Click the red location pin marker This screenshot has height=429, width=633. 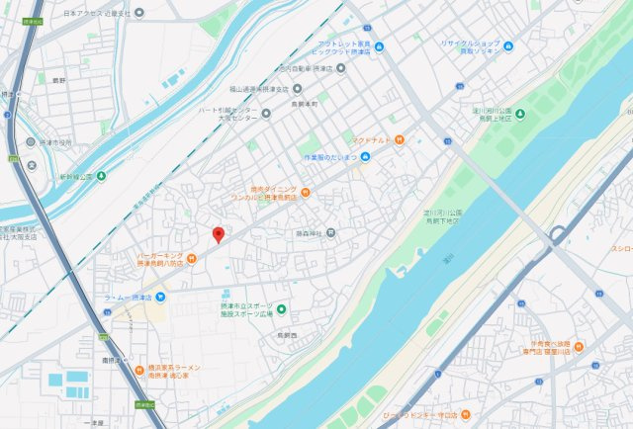click(x=219, y=233)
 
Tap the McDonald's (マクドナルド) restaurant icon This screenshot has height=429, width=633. click(x=399, y=140)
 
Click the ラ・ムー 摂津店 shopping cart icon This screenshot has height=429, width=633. click(x=161, y=297)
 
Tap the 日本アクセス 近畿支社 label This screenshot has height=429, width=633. click(x=96, y=14)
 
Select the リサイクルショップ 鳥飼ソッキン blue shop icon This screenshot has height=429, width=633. click(x=507, y=46)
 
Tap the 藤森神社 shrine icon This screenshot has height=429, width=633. click(x=331, y=234)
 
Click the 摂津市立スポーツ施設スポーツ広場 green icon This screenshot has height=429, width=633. click(x=281, y=310)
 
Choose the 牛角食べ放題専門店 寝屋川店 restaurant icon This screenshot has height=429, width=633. click(x=578, y=345)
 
